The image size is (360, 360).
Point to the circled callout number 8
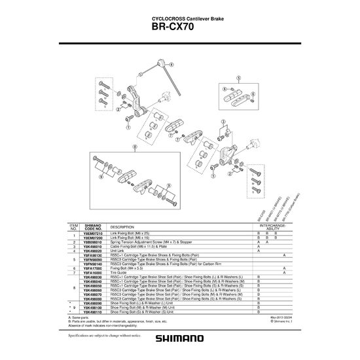(134, 148)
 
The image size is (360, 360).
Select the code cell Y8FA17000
(94, 268)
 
